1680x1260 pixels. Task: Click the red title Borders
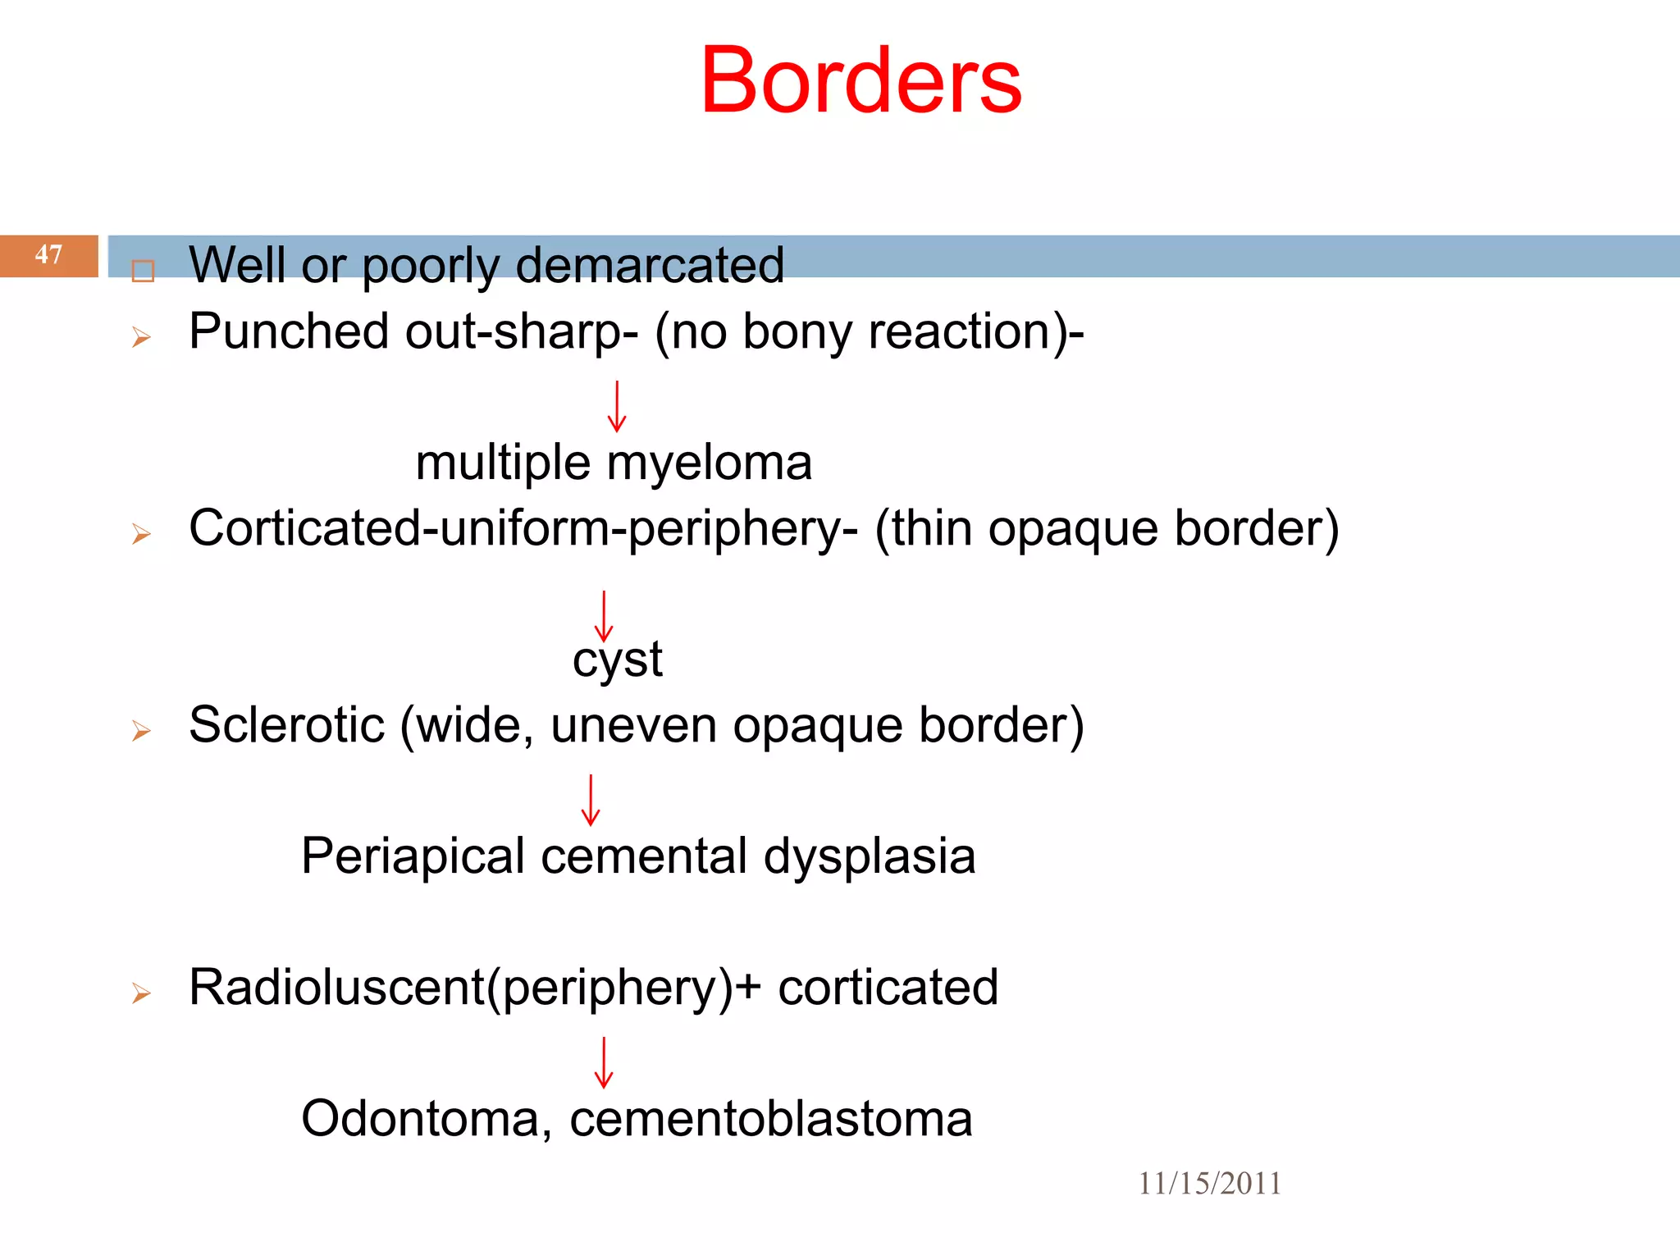[861, 80]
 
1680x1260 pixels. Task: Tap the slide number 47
[48, 254]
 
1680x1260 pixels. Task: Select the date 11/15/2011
[1209, 1183]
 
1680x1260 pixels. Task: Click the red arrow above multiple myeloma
[617, 407]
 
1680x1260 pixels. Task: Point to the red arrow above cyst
[604, 617]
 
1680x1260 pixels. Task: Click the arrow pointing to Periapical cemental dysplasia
[591, 800]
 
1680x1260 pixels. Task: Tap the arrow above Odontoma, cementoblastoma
[604, 1063]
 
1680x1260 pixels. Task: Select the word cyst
[617, 660]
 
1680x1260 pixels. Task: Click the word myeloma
[709, 463]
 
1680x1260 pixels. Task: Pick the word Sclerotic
[286, 725]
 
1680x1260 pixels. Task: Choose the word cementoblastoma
[770, 1119]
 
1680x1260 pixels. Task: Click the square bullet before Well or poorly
[143, 271]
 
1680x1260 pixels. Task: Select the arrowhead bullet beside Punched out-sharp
[141, 336]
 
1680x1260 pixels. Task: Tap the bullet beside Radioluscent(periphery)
[141, 993]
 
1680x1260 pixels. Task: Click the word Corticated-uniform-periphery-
[523, 528]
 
